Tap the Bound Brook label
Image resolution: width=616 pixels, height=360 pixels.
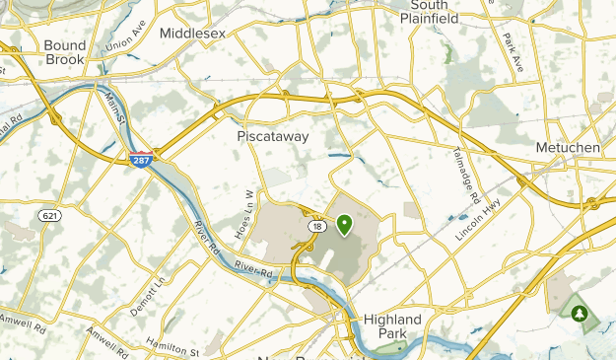pyautogui.click(x=65, y=52)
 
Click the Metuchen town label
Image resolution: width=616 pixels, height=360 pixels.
pyautogui.click(x=567, y=147)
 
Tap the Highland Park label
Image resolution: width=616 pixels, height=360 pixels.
pyautogui.click(x=391, y=327)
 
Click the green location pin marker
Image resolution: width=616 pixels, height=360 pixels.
pyautogui.click(x=345, y=226)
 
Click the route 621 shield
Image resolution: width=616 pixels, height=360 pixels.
pyautogui.click(x=48, y=214)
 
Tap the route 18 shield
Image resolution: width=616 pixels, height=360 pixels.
pyautogui.click(x=313, y=226)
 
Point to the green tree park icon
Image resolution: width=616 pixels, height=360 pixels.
pyautogui.click(x=580, y=314)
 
